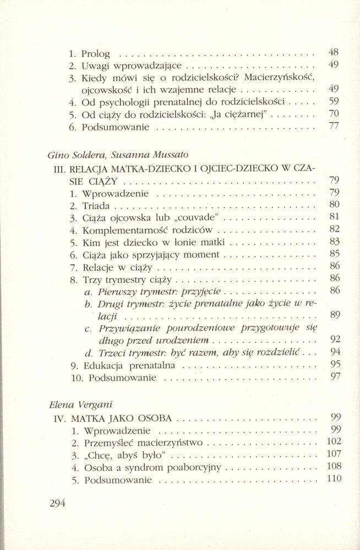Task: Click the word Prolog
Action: coord(95,54)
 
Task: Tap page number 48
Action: coord(333,53)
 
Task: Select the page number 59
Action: coord(333,101)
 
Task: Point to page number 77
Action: coord(333,126)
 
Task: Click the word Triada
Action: coord(96,206)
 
